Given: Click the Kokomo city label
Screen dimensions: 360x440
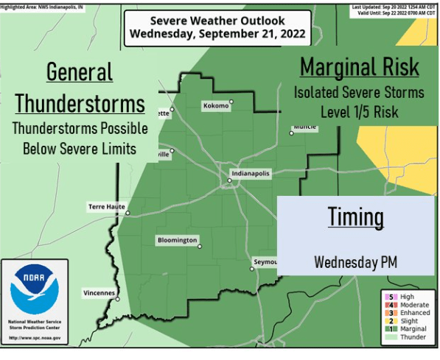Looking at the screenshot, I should [x=215, y=106].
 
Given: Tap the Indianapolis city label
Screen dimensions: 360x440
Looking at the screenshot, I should [x=251, y=173].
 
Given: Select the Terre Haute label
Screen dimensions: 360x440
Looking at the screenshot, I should [x=105, y=207].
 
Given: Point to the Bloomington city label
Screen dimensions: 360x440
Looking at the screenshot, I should [x=177, y=241].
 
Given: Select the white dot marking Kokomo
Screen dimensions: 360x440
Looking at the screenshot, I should [x=231, y=102].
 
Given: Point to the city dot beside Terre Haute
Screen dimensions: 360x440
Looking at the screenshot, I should [x=128, y=214].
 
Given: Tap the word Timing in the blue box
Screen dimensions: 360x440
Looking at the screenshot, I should [x=356, y=217].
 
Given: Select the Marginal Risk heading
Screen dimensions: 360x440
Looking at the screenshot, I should [x=359, y=67].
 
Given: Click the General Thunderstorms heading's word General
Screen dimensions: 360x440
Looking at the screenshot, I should [x=80, y=72].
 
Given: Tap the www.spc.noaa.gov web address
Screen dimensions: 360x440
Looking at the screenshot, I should [x=35, y=338].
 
